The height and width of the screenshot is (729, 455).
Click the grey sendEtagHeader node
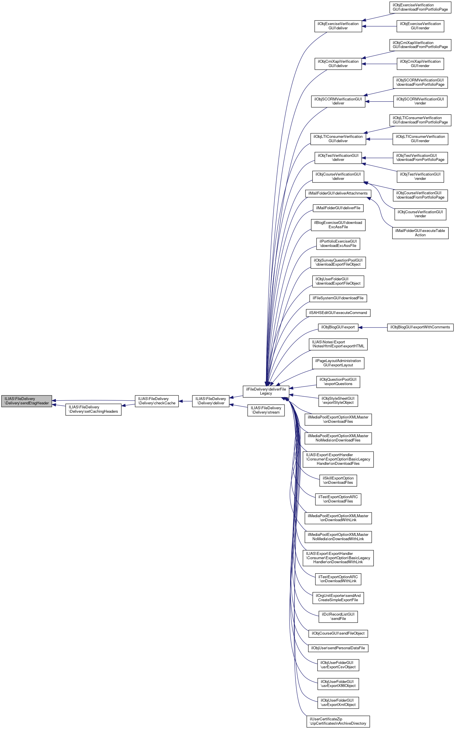click(x=26, y=401)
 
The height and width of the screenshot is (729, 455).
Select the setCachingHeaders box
click(x=93, y=409)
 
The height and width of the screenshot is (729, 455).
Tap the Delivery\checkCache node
click(x=156, y=401)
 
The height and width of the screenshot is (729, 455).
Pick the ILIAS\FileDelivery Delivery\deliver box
click(x=211, y=401)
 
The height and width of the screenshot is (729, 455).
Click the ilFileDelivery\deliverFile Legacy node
click(x=266, y=391)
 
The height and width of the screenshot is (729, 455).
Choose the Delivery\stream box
click(x=266, y=410)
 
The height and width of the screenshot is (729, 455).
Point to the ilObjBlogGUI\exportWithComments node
click(x=420, y=327)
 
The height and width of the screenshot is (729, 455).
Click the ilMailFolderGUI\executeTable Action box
click(x=420, y=233)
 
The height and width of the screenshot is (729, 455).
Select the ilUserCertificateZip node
click(x=338, y=721)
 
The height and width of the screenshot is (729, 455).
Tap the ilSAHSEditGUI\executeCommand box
click(x=338, y=313)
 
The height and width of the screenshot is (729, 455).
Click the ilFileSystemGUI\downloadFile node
click(x=338, y=298)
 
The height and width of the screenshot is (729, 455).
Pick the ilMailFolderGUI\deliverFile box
click(x=338, y=208)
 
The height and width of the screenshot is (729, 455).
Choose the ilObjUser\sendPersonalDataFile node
click(x=338, y=648)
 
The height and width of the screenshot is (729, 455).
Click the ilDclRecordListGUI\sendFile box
click(x=338, y=616)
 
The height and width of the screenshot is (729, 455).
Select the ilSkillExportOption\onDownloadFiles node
click(x=338, y=480)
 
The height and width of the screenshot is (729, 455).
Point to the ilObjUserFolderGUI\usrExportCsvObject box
click(x=338, y=665)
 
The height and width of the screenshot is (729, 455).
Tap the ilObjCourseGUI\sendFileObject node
click(x=338, y=633)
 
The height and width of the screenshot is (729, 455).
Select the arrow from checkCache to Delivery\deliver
click(x=185, y=401)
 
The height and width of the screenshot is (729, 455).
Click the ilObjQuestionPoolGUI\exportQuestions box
click(x=338, y=382)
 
